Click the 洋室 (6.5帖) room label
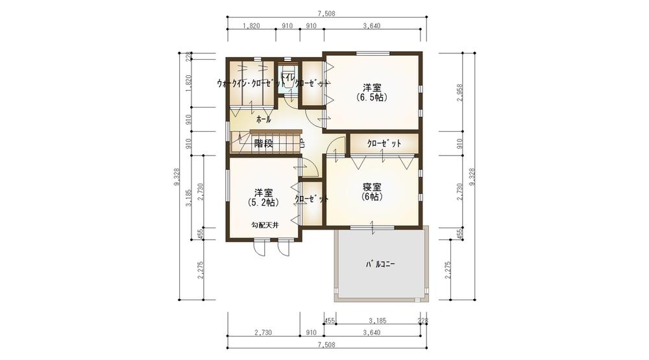372,92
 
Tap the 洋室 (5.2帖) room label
263,197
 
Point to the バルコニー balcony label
381,265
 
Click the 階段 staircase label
263,144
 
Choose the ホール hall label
263,120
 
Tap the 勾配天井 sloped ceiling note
265,225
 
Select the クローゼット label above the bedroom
384,143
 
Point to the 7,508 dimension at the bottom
326,344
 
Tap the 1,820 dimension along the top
251,26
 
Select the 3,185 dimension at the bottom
377,320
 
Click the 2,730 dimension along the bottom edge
262,332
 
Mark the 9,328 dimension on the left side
177,176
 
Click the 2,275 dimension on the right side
448,269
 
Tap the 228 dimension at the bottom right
423,320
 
